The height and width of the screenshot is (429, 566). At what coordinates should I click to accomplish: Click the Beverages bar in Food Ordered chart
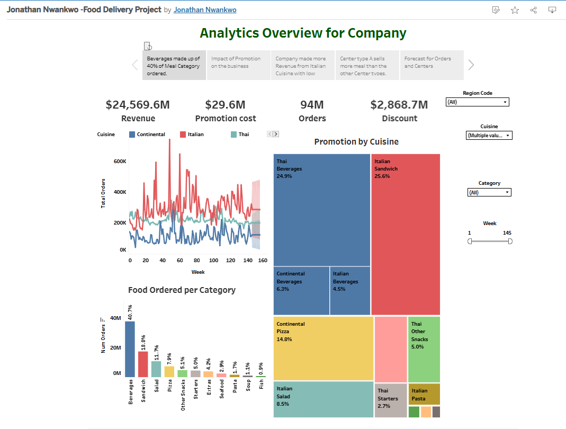pos(130,348)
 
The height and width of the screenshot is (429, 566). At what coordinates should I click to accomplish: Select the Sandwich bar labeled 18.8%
pos(143,363)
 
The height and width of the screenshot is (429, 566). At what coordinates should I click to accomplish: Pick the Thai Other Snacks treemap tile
pos(424,349)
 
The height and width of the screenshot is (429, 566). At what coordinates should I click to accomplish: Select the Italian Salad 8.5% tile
pos(323,399)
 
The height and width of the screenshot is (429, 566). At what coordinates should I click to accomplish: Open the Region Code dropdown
pos(477,102)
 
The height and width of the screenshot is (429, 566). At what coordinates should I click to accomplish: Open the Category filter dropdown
pos(489,192)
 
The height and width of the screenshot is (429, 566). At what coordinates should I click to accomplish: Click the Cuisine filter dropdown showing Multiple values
pos(489,136)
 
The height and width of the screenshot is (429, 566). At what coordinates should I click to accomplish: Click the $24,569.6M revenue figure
pos(138,105)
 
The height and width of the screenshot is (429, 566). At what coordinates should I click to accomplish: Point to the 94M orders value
pos(312,105)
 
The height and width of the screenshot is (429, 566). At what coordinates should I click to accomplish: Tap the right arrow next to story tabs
pos(471,65)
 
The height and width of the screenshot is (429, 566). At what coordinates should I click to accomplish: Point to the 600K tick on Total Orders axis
pos(120,161)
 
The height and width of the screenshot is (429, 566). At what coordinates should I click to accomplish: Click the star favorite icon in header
pos(515,10)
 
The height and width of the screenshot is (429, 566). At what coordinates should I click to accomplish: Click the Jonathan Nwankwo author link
pos(205,10)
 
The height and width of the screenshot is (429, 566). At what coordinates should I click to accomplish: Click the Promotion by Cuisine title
pos(356,142)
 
